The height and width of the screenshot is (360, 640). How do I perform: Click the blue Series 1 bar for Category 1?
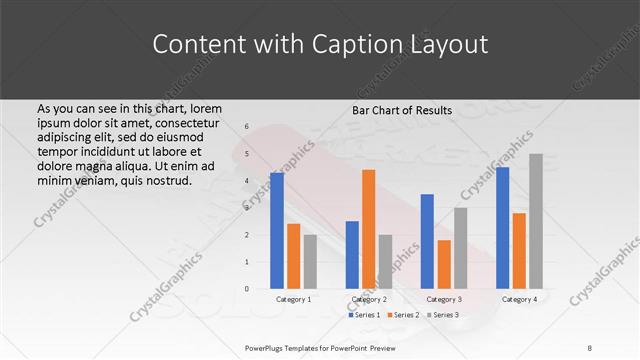pyautogui.click(x=277, y=230)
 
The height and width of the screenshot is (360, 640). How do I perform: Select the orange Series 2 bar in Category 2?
pyautogui.click(x=368, y=229)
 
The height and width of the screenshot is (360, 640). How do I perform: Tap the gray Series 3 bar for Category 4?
pyautogui.click(x=536, y=221)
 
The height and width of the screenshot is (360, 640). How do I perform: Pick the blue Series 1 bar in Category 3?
pyautogui.click(x=427, y=241)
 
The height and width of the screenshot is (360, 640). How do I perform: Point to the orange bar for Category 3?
pyautogui.click(x=444, y=264)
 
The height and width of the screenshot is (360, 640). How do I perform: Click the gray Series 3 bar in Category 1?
pyautogui.click(x=310, y=261)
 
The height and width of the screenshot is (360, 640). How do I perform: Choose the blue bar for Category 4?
pyautogui.click(x=502, y=228)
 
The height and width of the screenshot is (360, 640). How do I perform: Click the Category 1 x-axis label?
pyautogui.click(x=293, y=299)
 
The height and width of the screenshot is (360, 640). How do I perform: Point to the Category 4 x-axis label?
pyautogui.click(x=519, y=299)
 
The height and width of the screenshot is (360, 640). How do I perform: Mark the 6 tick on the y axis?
pyautogui.click(x=246, y=127)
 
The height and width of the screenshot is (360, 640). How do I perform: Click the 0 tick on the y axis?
pyautogui.click(x=246, y=289)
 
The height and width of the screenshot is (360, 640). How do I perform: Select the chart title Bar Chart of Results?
pyautogui.click(x=403, y=110)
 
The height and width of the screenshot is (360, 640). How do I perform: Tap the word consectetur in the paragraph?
pyautogui.click(x=190, y=122)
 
